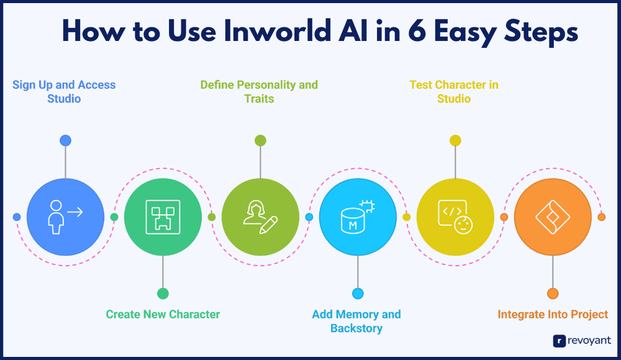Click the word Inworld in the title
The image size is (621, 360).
278,31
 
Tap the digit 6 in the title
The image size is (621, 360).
417,31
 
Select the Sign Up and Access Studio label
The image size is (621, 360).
64,91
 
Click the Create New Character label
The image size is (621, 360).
163,314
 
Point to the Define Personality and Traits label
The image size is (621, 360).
259,91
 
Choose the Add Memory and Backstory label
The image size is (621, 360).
356,321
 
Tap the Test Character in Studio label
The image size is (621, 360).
454,91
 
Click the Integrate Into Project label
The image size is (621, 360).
553,314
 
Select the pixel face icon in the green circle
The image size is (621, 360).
163,217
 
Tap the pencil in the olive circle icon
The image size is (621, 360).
268,225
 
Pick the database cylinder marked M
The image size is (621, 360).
353,221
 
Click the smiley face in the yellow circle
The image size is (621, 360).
463,225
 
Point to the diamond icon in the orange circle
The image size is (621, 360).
553,217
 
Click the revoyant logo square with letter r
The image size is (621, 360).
560,341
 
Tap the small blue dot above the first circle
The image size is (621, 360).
65,140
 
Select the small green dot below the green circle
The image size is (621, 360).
163,294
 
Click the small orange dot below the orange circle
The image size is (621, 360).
553,294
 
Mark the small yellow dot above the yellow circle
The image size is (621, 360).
455,140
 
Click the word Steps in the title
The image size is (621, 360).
541,32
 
